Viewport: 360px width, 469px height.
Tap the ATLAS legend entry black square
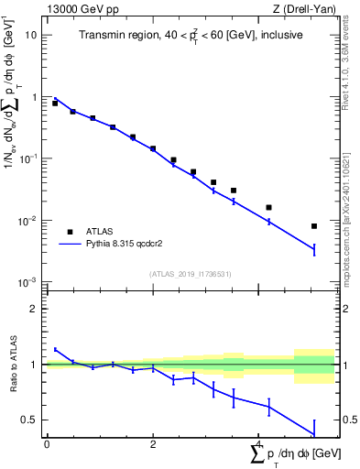pos(71,232)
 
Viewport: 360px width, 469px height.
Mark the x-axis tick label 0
pos(47,444)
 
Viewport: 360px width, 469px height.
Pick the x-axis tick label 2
pos(153,444)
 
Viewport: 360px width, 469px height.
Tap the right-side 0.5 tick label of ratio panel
pos(348,420)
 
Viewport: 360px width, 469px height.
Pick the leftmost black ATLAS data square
pos(55,104)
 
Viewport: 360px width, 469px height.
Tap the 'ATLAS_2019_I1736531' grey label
pos(190,274)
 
